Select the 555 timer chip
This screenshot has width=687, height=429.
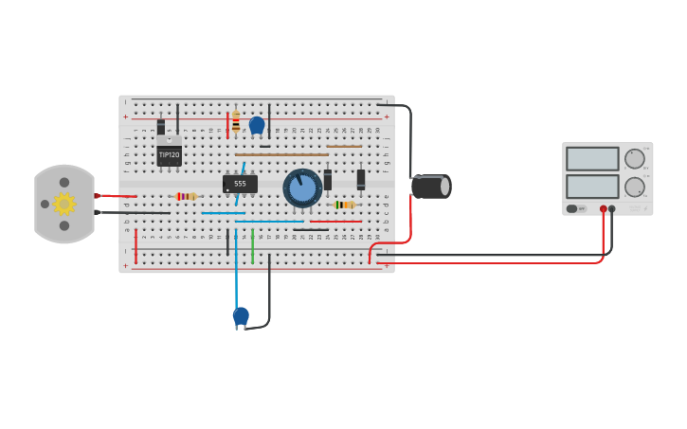pos(240,184)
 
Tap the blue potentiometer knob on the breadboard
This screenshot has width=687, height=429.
pos(302,188)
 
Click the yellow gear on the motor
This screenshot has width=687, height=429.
pos(63,204)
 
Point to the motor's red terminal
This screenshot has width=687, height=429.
pos(97,195)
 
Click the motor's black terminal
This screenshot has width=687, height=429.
pos(97,212)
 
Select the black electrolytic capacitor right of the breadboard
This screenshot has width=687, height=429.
pos(431,187)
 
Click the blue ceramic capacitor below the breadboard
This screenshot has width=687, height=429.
pos(241,315)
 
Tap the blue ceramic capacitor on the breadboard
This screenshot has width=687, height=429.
pos(257,124)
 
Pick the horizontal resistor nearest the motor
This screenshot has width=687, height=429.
pos(186,196)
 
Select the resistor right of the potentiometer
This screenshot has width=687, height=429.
pos(344,205)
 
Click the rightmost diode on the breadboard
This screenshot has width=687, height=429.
pos(361,178)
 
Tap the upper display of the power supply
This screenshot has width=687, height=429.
pos(592,158)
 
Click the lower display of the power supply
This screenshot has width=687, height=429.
pos(592,186)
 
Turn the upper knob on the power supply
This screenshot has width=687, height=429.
pos(634,158)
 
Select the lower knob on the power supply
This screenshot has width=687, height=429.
pos(634,187)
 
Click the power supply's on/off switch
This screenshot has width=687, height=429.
pos(573,208)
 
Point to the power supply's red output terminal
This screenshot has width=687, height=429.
pos(603,208)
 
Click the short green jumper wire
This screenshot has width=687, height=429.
pos(252,244)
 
